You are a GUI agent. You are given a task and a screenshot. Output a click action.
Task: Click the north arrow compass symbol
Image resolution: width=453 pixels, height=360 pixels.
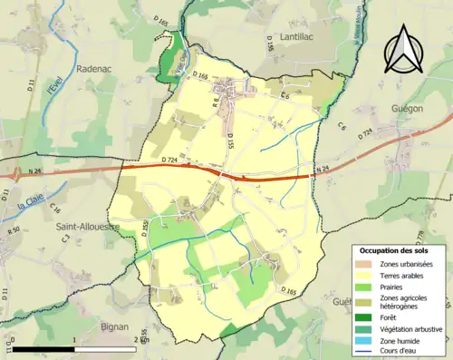pos(405,50)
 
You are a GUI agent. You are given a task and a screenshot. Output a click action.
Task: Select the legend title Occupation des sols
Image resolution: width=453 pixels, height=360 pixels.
pos(395,249)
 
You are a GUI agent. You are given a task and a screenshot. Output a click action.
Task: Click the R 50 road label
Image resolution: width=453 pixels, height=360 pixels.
pos(14,233)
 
